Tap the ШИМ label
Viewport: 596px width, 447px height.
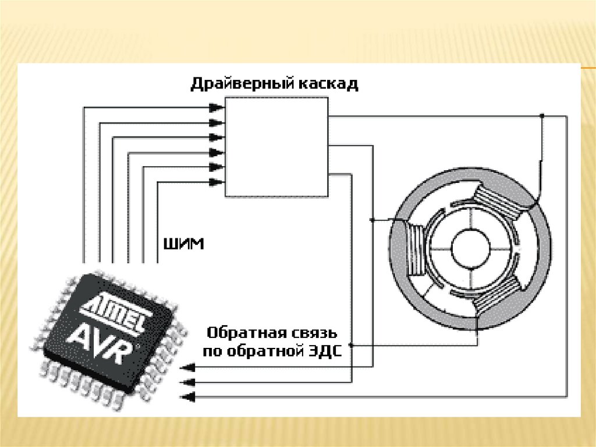pos(185,244)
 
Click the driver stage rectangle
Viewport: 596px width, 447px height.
pos(276,147)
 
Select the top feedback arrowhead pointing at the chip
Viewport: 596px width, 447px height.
pos(187,368)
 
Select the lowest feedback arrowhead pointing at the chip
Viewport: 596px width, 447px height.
pos(187,397)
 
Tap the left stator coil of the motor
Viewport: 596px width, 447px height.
pos(414,249)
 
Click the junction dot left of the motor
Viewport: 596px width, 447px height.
pos(372,220)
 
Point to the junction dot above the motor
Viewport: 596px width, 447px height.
pos(542,116)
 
